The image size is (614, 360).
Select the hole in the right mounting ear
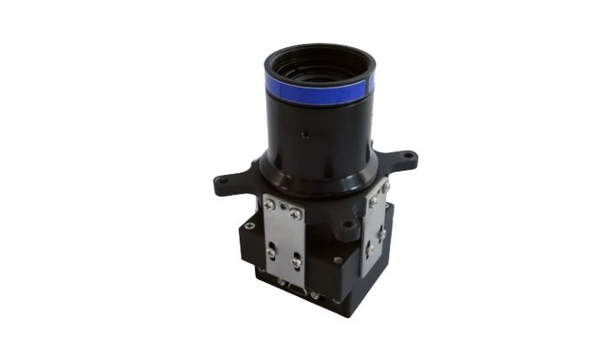408,156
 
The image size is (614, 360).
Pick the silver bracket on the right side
374,227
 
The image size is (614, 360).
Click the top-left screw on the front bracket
269,204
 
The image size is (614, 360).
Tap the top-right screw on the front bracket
296,214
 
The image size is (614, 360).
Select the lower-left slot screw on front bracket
271,250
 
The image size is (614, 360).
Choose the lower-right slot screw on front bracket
296,262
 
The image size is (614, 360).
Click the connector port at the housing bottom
297,290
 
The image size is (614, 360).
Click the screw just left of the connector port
281,282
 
